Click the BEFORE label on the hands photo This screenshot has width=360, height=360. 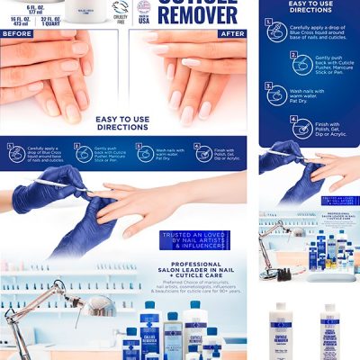pos(18,33)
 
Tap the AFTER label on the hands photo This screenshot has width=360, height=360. pos(232,33)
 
